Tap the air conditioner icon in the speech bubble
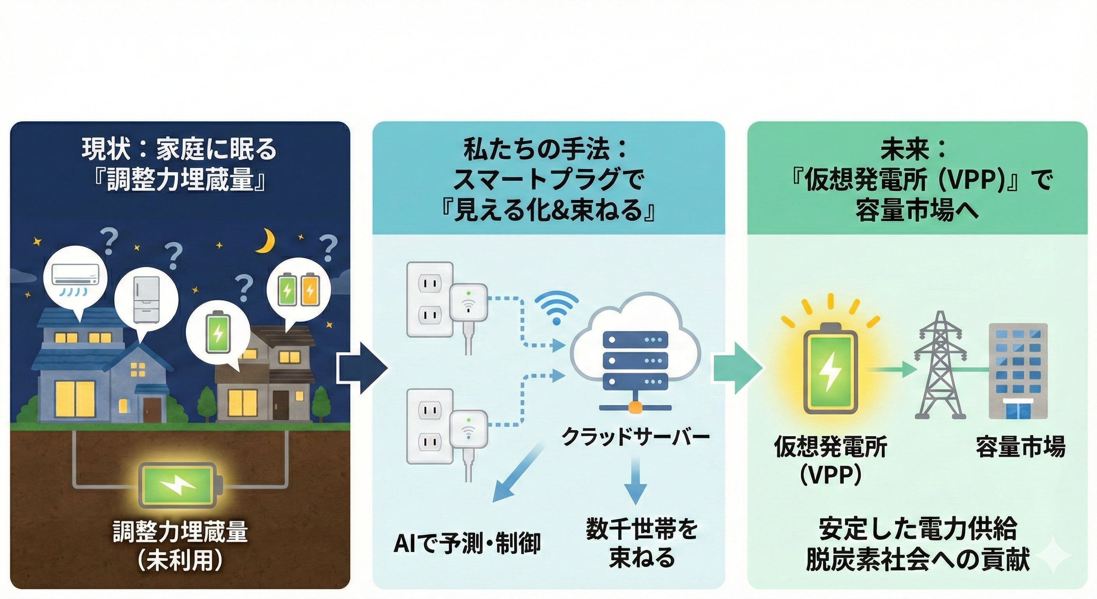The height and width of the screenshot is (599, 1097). coord(75,275)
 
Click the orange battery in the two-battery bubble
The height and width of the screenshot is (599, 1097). coord(310,290)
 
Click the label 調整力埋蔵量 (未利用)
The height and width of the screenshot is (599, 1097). coord(180,546)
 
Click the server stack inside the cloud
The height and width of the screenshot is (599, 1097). coord(635,360)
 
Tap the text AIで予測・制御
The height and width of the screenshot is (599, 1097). coord(467,543)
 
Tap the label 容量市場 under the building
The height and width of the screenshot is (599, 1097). coord(1020,447)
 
